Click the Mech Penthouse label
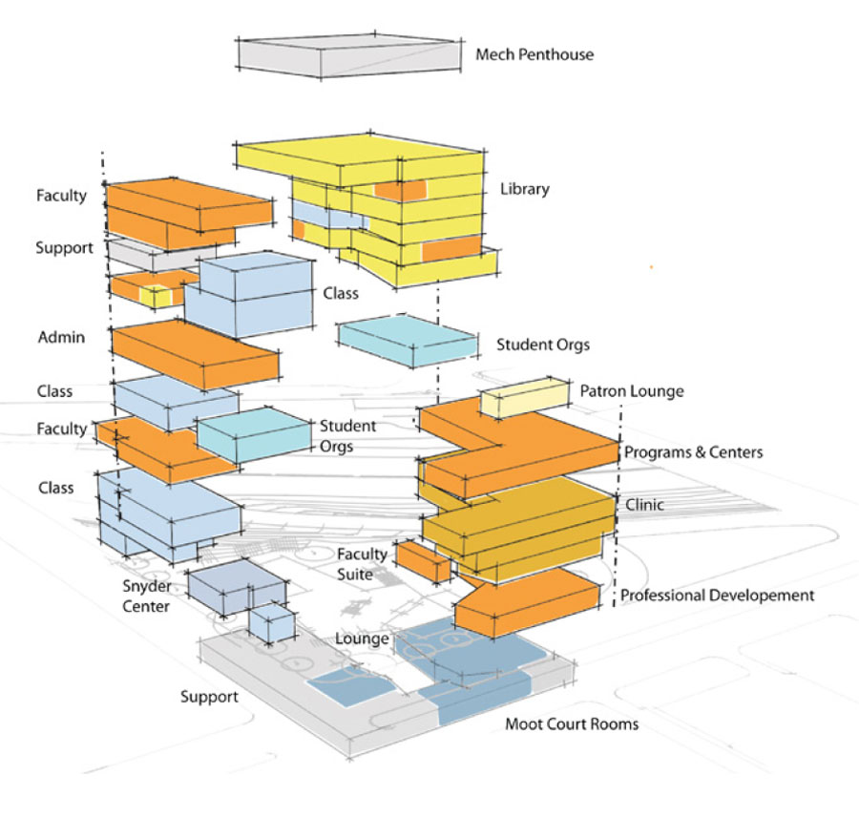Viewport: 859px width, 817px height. (534, 54)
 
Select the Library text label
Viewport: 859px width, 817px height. (524, 189)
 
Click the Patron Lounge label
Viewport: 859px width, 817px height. (631, 391)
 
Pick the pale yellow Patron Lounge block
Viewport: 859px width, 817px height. (523, 397)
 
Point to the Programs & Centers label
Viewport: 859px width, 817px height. (693, 452)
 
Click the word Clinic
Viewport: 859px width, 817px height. (644, 505)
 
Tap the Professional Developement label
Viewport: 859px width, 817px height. (717, 596)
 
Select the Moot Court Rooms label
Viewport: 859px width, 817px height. (572, 724)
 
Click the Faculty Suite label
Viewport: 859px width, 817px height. (363, 564)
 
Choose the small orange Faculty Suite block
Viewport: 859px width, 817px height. (423, 560)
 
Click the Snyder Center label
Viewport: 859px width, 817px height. (146, 597)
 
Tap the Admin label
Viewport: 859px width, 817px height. (61, 338)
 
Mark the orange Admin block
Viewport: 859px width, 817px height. (196, 353)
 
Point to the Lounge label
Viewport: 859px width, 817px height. (362, 639)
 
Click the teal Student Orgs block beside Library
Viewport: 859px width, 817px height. (408, 341)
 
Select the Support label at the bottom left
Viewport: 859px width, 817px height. (209, 697)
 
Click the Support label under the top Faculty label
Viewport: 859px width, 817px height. (64, 248)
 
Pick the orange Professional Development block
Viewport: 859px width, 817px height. (526, 600)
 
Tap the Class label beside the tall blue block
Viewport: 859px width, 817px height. (340, 295)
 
